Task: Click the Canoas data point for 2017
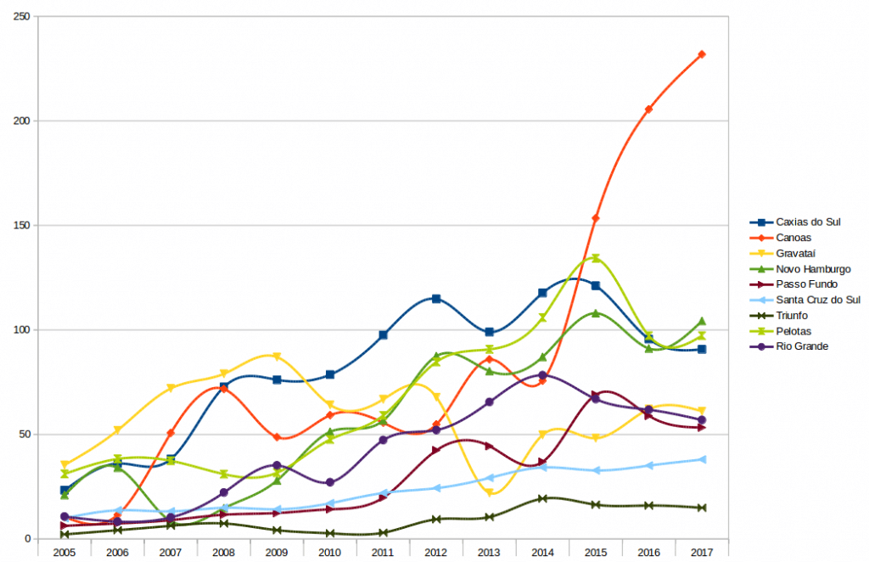(x=702, y=54)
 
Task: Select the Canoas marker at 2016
(x=649, y=110)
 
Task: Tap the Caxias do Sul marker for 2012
(x=436, y=299)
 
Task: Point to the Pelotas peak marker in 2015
(x=596, y=258)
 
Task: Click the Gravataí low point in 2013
(x=490, y=492)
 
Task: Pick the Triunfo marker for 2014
(x=542, y=498)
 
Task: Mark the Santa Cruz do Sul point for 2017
(x=702, y=459)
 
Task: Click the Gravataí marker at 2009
(x=277, y=357)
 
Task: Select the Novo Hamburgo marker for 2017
(x=702, y=321)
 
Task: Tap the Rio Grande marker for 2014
(x=542, y=375)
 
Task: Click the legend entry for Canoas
(x=793, y=238)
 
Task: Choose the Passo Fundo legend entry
(x=806, y=284)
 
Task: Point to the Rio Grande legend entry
(x=802, y=346)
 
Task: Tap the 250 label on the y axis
(x=22, y=16)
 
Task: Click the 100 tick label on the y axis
(x=22, y=329)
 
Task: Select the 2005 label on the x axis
(x=64, y=552)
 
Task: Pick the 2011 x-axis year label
(x=383, y=552)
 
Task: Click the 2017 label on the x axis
(x=702, y=552)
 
